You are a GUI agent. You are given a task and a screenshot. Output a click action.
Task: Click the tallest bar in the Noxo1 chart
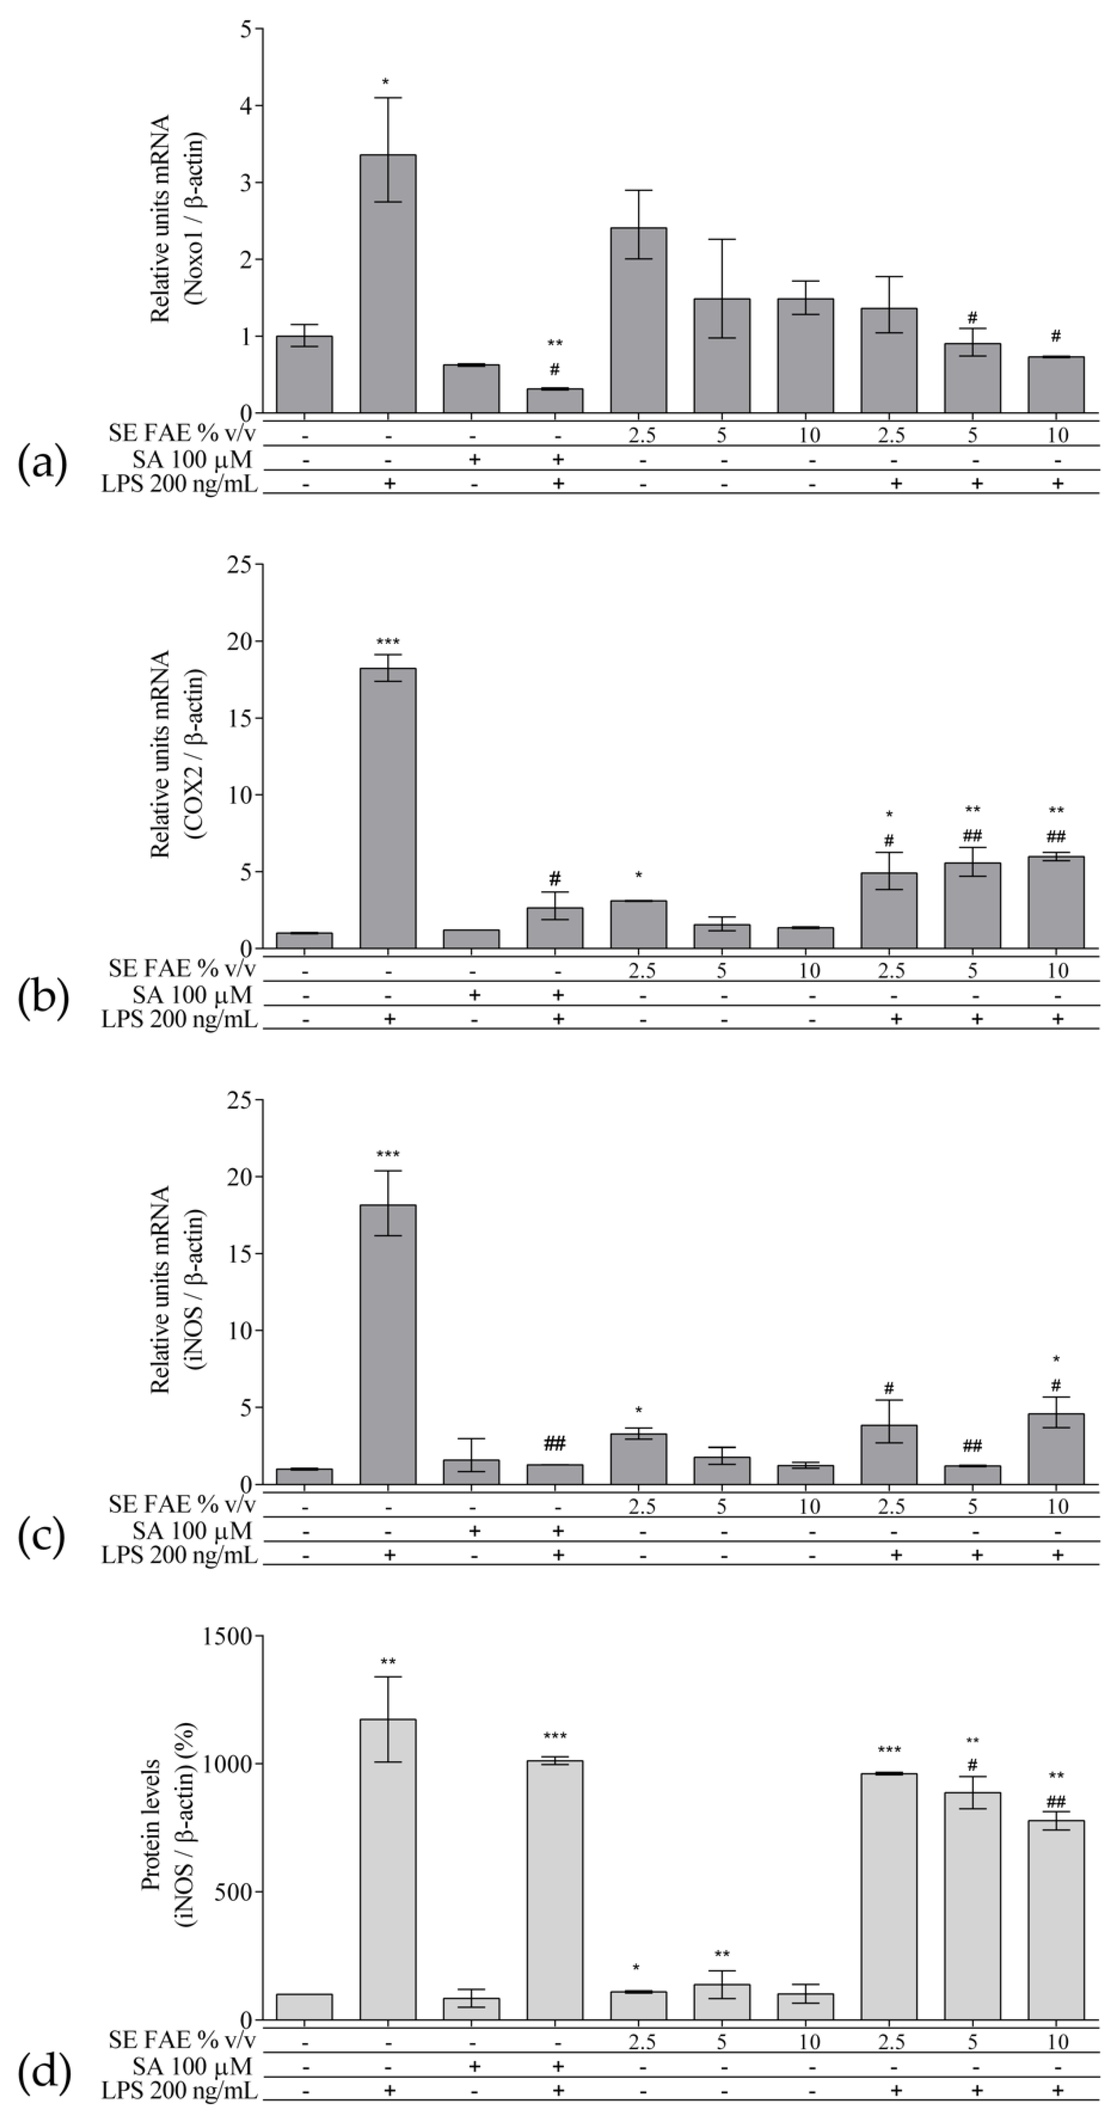coord(387,284)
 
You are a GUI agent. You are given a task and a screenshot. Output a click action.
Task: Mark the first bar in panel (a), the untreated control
coord(304,374)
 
